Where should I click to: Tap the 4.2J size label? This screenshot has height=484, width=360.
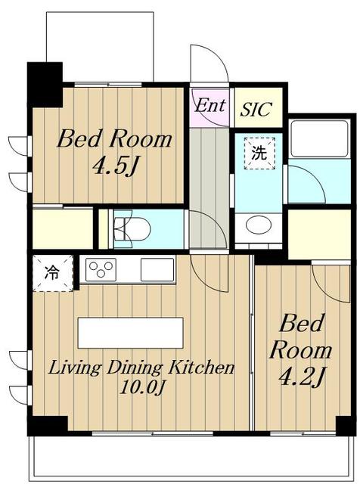302,377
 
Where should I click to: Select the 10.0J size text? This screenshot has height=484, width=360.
141,387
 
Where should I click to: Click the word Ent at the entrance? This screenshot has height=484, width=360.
209,105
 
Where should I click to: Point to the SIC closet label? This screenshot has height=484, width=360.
256,109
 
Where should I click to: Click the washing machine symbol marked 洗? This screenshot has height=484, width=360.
259,153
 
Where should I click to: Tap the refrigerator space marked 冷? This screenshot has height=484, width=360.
52,273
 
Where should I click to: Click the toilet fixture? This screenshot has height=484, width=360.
132,228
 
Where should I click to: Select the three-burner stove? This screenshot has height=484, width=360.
101,269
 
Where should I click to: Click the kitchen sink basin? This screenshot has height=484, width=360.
157,269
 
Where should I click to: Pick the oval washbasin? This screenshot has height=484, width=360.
259,225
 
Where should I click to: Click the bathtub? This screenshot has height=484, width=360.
319,139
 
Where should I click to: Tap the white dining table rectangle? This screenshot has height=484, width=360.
131,333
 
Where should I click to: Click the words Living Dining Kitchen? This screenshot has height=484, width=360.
141,368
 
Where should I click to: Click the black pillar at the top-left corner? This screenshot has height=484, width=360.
45,84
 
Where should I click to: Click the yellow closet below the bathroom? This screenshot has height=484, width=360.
319,234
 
